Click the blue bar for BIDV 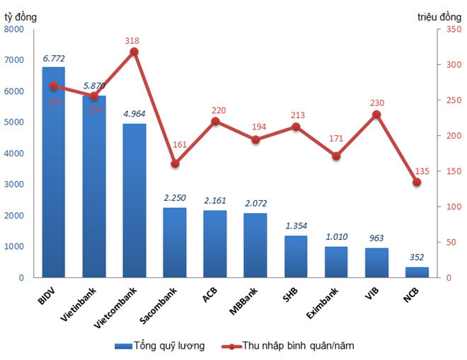pos(53,177)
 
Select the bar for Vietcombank pos(134,202)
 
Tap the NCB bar pos(417,272)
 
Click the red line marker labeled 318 pos(134,52)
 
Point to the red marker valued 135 pos(417,182)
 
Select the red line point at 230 pos(376,115)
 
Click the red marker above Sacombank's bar pos(175,163)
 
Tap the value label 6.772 pos(54,58)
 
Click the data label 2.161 pos(215,202)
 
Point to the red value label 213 pos(296,115)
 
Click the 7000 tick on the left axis pos(15,60)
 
